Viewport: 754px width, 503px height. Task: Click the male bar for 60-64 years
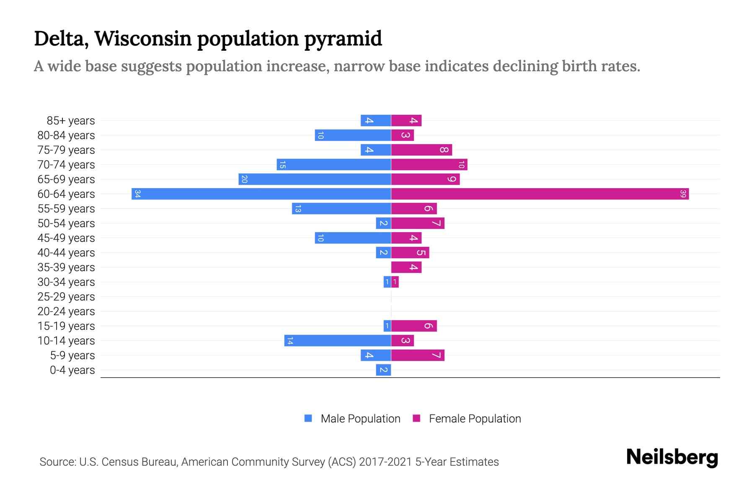[261, 194]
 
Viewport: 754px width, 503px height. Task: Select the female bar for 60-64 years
[540, 194]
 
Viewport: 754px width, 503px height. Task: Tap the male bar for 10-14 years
[338, 340]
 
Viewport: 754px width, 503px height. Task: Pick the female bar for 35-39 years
[406, 267]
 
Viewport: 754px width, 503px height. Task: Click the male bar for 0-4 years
[383, 370]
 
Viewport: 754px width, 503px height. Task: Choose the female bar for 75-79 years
[421, 150]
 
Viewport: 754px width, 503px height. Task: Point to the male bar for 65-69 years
[315, 179]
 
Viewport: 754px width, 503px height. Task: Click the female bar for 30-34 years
[395, 282]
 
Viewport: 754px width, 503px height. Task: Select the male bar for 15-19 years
[387, 326]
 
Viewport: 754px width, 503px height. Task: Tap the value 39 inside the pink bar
[683, 194]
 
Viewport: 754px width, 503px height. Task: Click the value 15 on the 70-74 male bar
[282, 165]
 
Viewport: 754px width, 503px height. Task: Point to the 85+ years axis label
[70, 121]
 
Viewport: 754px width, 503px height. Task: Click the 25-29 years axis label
[66, 297]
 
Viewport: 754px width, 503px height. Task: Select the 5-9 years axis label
[72, 355]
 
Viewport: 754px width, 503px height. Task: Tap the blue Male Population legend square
[308, 418]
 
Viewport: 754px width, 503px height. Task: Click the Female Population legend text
[475, 419]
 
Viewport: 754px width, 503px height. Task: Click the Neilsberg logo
[672, 457]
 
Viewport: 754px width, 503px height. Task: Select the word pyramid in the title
[343, 39]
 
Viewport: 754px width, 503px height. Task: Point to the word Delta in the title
[61, 39]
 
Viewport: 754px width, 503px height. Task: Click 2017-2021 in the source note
[385, 462]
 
